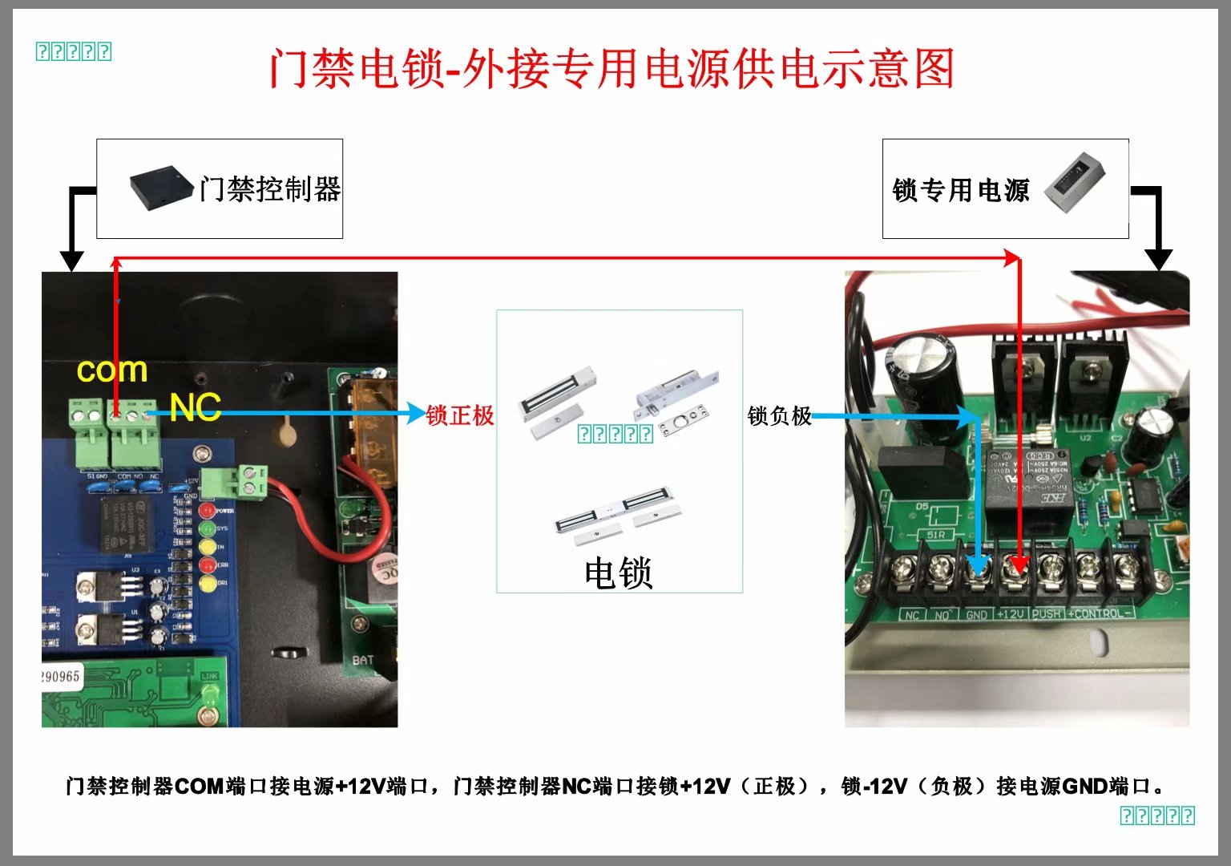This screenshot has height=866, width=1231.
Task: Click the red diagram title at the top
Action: pos(611,68)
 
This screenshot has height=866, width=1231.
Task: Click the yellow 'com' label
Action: pos(112,370)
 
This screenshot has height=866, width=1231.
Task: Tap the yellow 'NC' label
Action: pos(195,408)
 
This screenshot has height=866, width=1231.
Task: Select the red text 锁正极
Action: pos(460,415)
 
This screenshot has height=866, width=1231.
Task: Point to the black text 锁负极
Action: pos(779,415)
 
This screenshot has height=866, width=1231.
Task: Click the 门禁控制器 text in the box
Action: pos(270,189)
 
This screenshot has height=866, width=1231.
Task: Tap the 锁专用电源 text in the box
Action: pos(960,191)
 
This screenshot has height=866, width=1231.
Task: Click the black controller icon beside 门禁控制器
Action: pos(161,188)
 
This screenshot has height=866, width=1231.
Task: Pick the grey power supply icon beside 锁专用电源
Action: pos(1076,182)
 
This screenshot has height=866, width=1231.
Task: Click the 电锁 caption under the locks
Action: pos(618,573)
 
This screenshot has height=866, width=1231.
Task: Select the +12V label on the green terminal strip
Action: pos(1011,614)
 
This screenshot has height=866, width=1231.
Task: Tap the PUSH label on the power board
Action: pos(1047,614)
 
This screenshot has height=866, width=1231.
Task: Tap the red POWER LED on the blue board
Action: pos(208,510)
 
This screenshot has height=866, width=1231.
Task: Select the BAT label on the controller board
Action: pos(363,660)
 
